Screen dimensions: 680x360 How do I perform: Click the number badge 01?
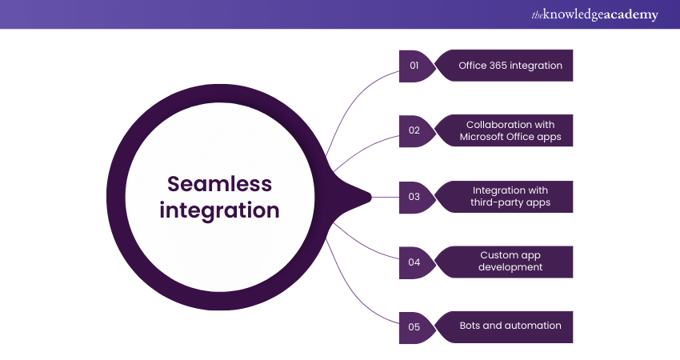point(415,66)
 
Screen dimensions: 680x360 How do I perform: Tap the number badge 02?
point(415,130)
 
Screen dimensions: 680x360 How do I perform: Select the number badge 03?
point(415,197)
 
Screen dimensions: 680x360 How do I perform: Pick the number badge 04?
point(415,262)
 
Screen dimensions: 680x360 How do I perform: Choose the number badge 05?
point(415,327)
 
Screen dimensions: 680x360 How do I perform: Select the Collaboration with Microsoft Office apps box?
point(504,130)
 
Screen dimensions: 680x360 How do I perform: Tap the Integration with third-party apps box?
point(504,197)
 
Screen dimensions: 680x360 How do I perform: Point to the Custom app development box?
point(504,262)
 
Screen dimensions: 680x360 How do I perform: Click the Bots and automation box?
point(504,327)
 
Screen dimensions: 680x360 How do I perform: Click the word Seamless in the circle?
point(219,184)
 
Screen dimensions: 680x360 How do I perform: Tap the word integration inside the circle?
point(219,210)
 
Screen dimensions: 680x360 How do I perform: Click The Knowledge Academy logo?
point(594,14)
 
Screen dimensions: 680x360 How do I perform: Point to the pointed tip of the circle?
point(370,198)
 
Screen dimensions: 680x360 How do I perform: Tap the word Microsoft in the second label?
point(482,137)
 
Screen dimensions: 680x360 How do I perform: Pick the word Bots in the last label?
point(470,326)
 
